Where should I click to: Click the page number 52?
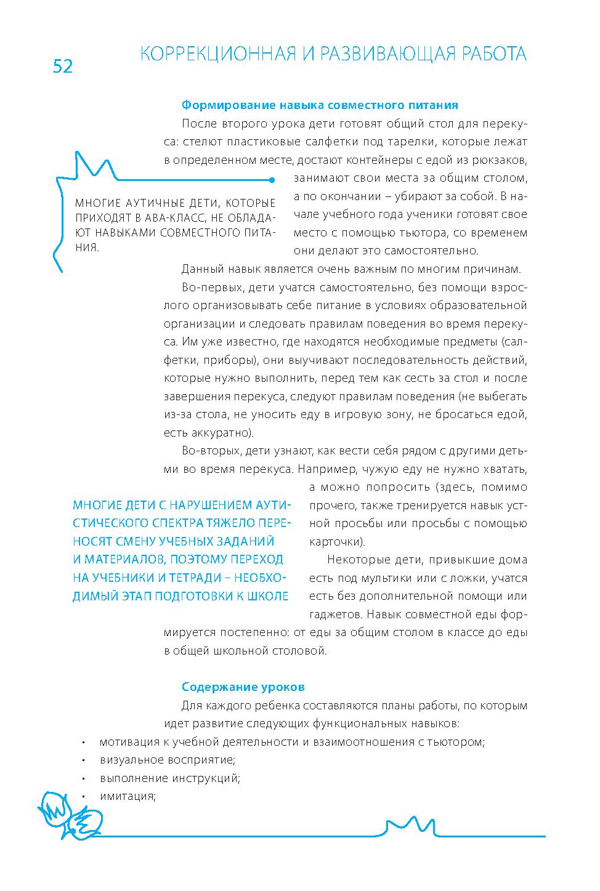tap(63, 66)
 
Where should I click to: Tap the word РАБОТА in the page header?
tap(490, 55)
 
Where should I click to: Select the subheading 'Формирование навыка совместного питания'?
tap(320, 105)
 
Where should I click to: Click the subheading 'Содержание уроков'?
tap(243, 687)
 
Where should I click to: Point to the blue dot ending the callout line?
tap(272, 180)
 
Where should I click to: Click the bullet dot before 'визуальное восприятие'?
tap(83, 760)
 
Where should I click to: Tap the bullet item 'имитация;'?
tap(128, 796)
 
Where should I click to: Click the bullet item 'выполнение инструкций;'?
tap(169, 778)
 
